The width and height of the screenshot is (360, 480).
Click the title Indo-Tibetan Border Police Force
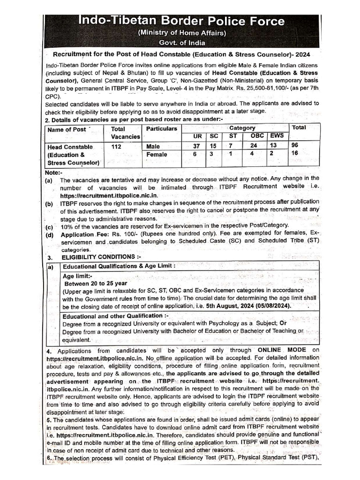click(x=181, y=21)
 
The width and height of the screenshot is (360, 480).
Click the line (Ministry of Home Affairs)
click(x=181, y=33)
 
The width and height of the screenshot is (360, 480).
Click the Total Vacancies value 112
click(x=117, y=146)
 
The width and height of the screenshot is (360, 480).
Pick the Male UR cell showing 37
click(x=197, y=146)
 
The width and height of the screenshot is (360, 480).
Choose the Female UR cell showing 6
click(x=197, y=154)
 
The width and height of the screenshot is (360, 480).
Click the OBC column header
click(x=257, y=136)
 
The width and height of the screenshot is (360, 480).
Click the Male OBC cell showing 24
click(x=255, y=146)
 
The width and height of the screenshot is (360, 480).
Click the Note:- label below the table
click(x=53, y=172)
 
